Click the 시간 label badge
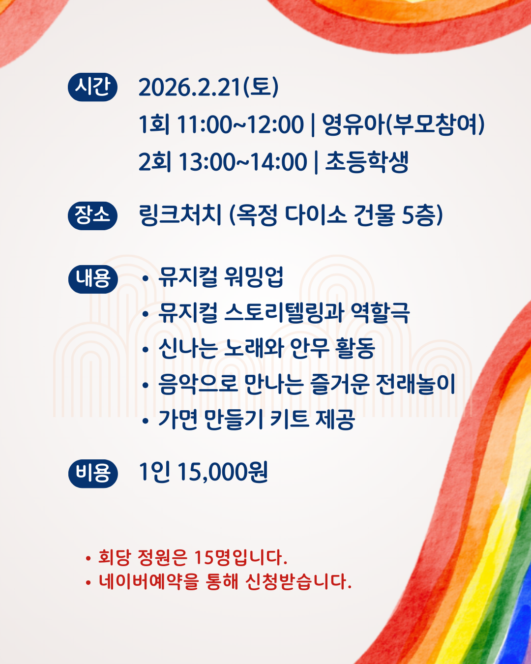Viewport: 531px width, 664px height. pyautogui.click(x=92, y=87)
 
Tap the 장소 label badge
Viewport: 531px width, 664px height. pyautogui.click(x=92, y=215)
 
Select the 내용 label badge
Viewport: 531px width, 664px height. pyautogui.click(x=93, y=279)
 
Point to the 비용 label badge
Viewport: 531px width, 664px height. pyautogui.click(x=93, y=474)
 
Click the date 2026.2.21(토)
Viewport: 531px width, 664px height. pyautogui.click(x=208, y=88)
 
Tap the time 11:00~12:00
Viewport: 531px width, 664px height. pyautogui.click(x=240, y=124)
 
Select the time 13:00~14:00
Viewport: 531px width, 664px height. pyautogui.click(x=243, y=162)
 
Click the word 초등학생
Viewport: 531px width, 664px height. pyautogui.click(x=367, y=161)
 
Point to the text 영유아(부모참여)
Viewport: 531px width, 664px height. pyautogui.click(x=403, y=124)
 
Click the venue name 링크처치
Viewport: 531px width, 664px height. pyautogui.click(x=180, y=215)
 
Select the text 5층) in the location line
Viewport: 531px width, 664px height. pyautogui.click(x=422, y=215)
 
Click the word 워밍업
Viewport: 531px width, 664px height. pyautogui.click(x=254, y=276)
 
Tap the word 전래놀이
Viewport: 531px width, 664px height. pyautogui.click(x=415, y=384)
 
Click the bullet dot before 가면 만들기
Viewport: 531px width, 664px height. pyautogui.click(x=146, y=421)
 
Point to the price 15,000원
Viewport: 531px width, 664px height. pyautogui.click(x=222, y=472)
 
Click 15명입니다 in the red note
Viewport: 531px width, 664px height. pyautogui.click(x=241, y=557)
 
